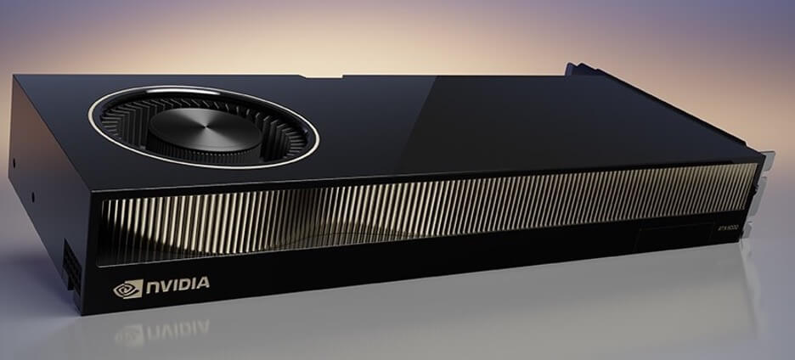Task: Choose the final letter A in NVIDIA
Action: coord(203,282)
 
